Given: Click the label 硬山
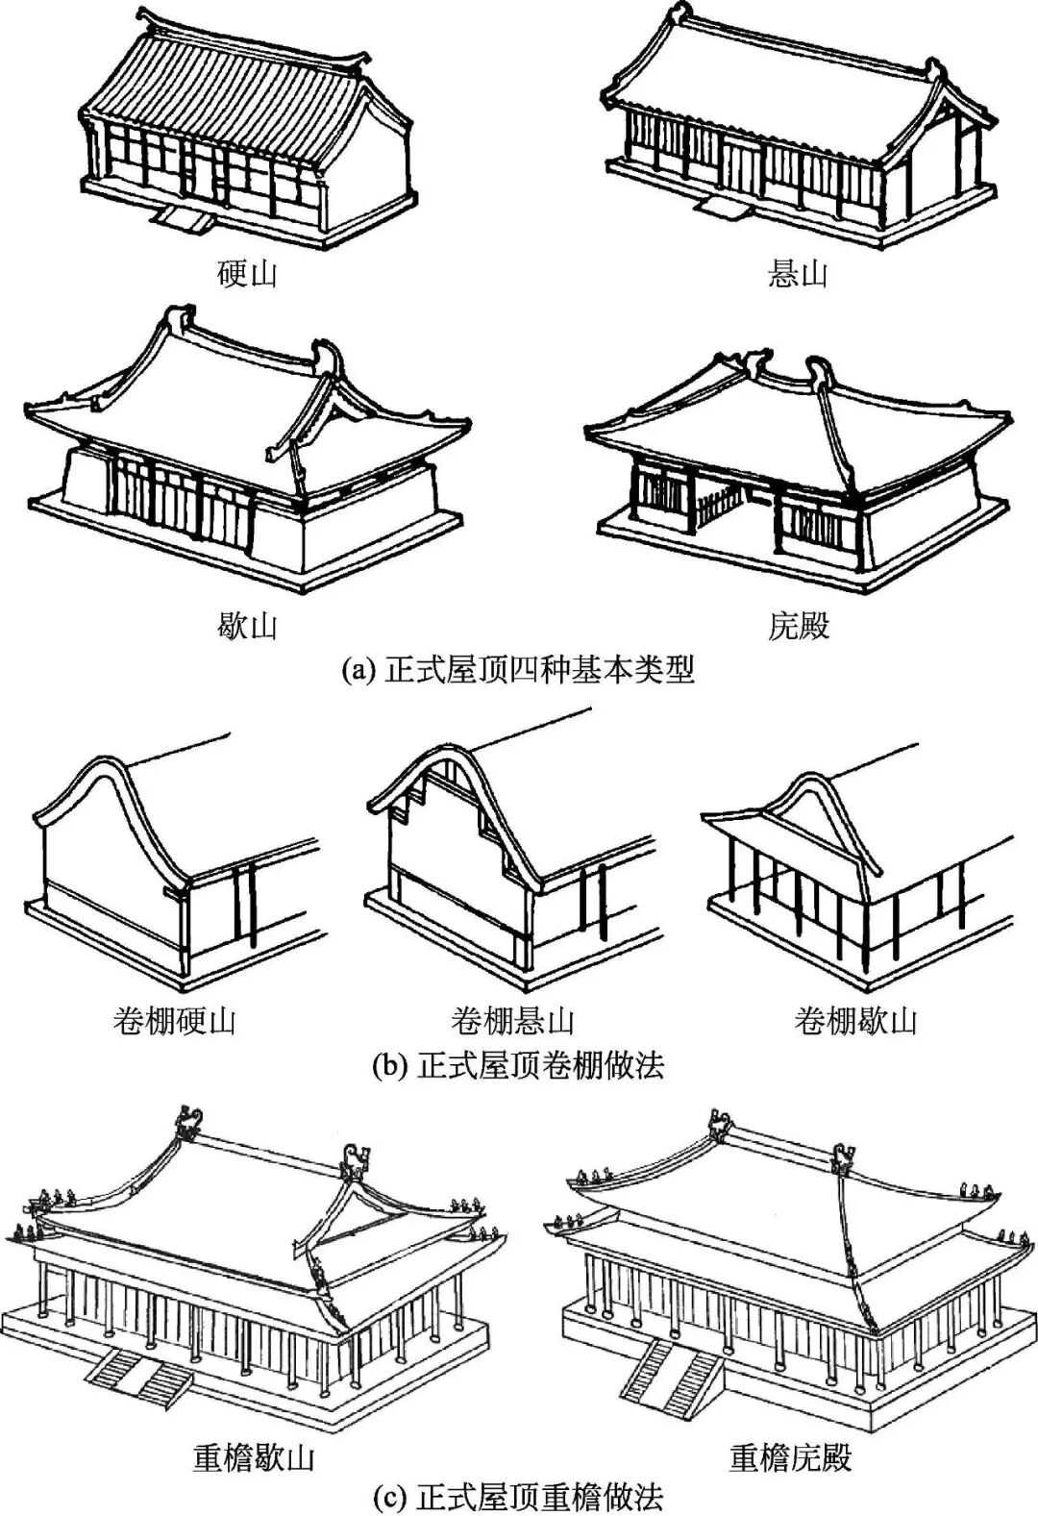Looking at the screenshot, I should [x=247, y=274].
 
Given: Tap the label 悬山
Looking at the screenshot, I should [x=798, y=274].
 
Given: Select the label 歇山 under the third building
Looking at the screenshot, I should [x=247, y=627].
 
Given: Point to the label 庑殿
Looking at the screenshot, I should [x=798, y=627].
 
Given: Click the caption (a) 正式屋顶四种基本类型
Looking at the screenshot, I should [x=518, y=669].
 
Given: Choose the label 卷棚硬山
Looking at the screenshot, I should [x=174, y=1020].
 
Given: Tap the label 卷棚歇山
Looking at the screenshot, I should [x=854, y=1020].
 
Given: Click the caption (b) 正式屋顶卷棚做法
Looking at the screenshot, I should [x=518, y=1065].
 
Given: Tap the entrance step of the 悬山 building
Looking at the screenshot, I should [x=721, y=205].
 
